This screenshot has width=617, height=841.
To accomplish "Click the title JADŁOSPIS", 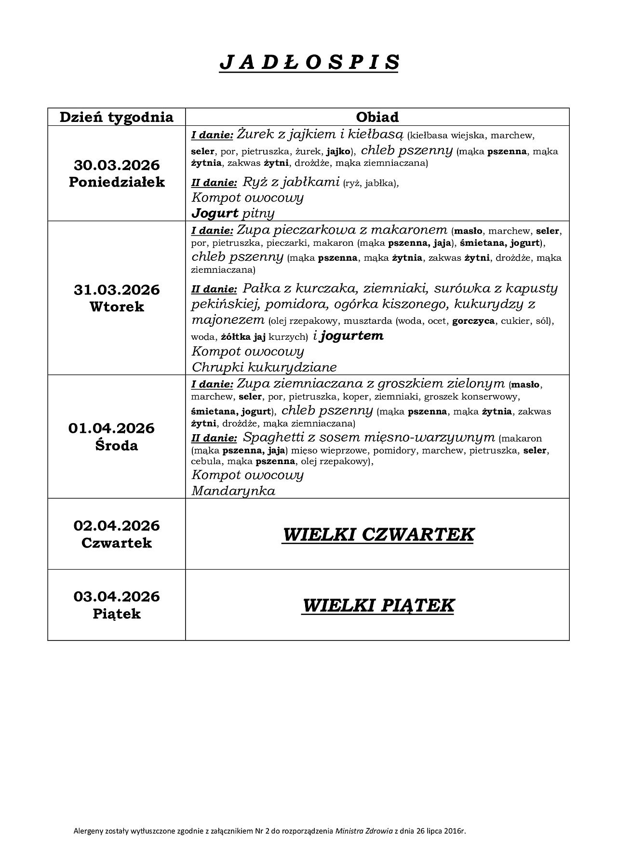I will pyautogui.click(x=309, y=63).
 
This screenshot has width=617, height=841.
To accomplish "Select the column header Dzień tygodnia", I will pyautogui.click(x=116, y=117).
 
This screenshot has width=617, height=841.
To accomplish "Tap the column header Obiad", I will pyautogui.click(x=377, y=117).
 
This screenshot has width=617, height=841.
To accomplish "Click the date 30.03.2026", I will pyautogui.click(x=117, y=165).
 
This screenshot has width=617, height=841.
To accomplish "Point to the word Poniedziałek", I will pyautogui.click(x=117, y=182).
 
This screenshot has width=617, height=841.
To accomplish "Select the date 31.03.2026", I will pyautogui.click(x=117, y=290).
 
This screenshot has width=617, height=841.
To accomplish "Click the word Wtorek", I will pyautogui.click(x=117, y=307).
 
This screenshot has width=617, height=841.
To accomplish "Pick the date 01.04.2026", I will pyautogui.click(x=111, y=428).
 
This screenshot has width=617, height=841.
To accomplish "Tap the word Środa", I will pyautogui.click(x=117, y=445).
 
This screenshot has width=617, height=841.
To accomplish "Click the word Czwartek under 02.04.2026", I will pyautogui.click(x=117, y=543).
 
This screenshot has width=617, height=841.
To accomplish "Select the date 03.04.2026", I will pyautogui.click(x=117, y=596).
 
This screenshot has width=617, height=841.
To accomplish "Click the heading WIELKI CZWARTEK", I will pyautogui.click(x=378, y=534).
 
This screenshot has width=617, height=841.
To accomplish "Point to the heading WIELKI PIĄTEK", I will pyautogui.click(x=378, y=605).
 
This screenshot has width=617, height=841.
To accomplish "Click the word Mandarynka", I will pyautogui.click(x=233, y=491).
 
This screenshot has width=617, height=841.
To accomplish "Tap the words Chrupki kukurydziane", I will pyautogui.click(x=264, y=367).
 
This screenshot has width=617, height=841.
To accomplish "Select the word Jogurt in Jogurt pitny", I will pyautogui.click(x=215, y=213).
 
